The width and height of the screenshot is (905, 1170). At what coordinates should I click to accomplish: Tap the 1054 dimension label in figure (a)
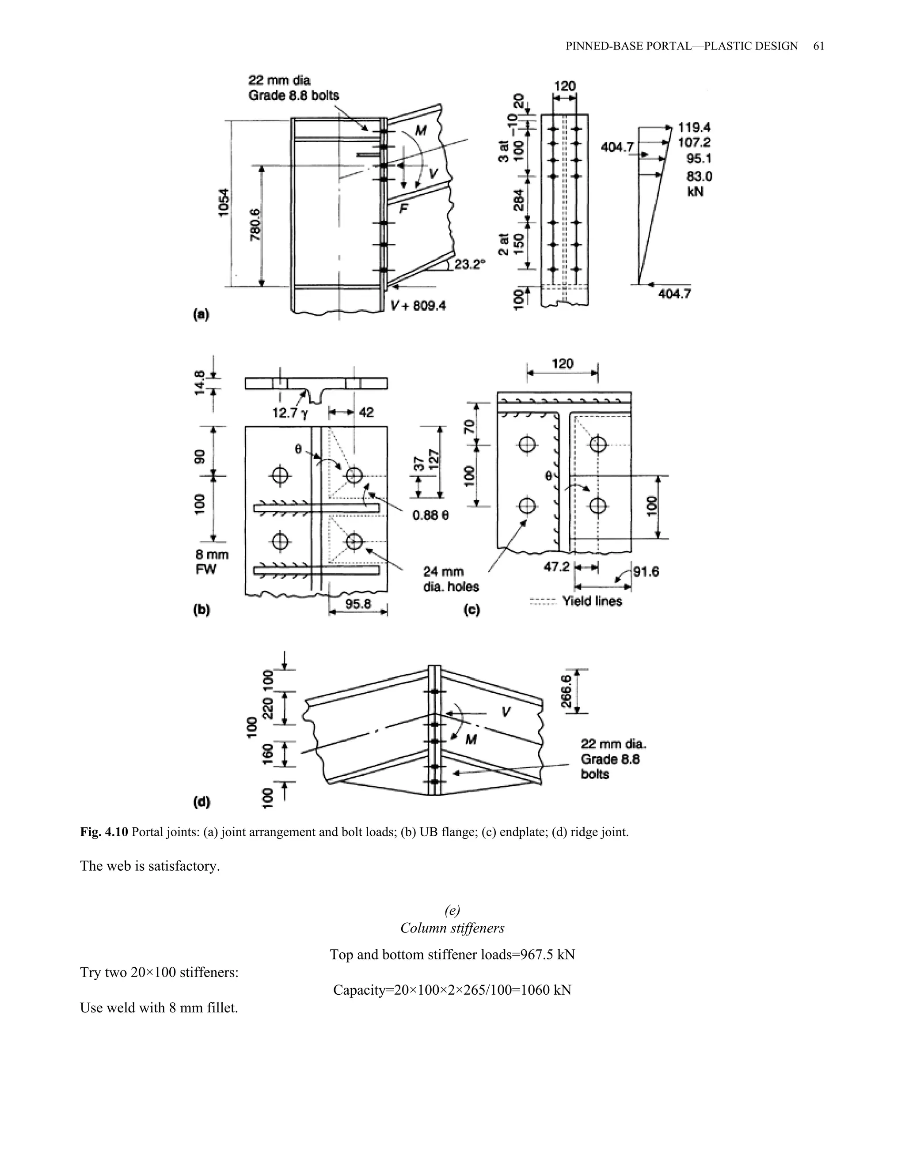[x=224, y=203]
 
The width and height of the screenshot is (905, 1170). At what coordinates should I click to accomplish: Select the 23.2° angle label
[x=469, y=264]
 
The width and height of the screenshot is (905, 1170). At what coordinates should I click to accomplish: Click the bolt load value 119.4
[x=694, y=128]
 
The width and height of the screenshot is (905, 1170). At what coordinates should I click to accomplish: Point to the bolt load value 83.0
[x=699, y=176]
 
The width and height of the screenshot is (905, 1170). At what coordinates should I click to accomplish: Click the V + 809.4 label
[x=418, y=306]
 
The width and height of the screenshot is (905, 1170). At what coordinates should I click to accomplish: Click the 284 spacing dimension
[x=519, y=199]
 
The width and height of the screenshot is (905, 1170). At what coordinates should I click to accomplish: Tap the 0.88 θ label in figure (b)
[x=430, y=515]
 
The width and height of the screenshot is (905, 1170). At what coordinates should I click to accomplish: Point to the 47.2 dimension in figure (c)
[x=557, y=567]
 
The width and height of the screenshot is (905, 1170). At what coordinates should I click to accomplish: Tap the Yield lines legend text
[x=592, y=602]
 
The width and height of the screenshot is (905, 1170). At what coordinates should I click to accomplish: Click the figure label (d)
[x=202, y=802]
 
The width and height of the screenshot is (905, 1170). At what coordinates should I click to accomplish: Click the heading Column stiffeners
[x=452, y=928]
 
